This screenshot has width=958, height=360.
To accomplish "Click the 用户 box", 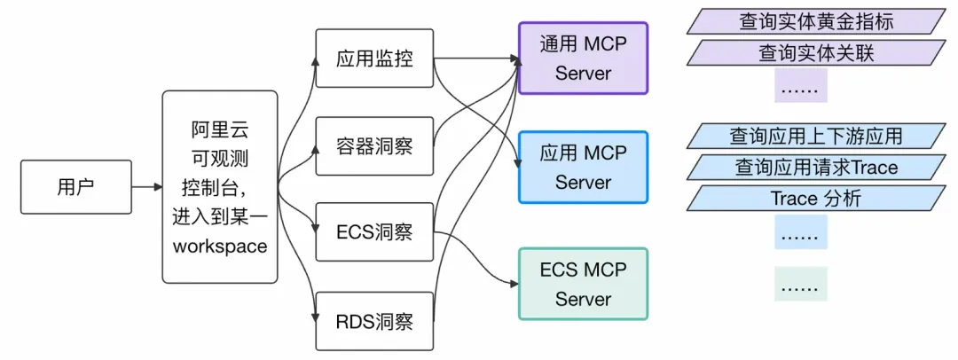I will [75, 187].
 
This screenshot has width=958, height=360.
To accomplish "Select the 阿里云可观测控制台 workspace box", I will [220, 187].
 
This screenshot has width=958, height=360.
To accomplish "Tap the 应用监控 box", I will [374, 59].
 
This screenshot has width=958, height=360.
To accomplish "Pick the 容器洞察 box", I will [374, 145].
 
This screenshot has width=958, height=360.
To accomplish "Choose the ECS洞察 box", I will [374, 232].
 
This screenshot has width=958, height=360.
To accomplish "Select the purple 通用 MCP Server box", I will [583, 59].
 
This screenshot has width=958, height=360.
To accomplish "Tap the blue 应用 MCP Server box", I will [583, 168].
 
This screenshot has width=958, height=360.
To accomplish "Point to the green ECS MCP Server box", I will [583, 284].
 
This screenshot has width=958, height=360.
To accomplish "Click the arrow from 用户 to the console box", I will [146, 187].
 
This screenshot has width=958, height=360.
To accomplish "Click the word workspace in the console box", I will [220, 247].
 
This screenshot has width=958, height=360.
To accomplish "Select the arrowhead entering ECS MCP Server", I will [514, 284].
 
